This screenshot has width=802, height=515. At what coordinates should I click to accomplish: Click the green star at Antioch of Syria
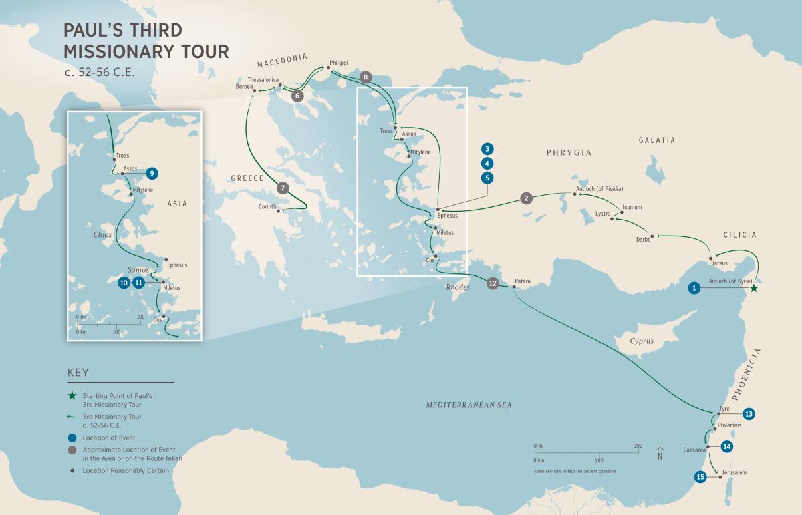click(x=754, y=289)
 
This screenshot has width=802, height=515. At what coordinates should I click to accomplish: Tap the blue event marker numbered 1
click(x=695, y=288)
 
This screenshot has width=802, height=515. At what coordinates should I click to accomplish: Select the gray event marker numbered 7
click(x=283, y=188)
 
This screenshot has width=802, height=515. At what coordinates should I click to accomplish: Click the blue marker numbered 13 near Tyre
click(x=749, y=414)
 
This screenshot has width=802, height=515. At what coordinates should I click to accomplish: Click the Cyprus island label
click(x=641, y=341)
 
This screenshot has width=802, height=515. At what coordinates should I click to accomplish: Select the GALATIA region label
click(x=657, y=140)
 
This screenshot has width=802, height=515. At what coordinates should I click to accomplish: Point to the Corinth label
click(x=267, y=207)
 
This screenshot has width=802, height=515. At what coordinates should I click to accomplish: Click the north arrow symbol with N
click(x=660, y=454)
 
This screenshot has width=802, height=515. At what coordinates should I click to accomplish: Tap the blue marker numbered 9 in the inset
click(x=152, y=173)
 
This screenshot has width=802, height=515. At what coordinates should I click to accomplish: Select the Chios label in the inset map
click(x=102, y=234)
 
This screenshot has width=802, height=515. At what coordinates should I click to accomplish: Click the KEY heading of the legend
click(x=78, y=373)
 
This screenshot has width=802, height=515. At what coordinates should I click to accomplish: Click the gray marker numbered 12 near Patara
click(x=493, y=283)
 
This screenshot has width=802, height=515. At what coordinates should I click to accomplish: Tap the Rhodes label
click(x=458, y=287)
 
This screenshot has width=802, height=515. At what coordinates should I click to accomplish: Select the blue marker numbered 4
click(x=487, y=163)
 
